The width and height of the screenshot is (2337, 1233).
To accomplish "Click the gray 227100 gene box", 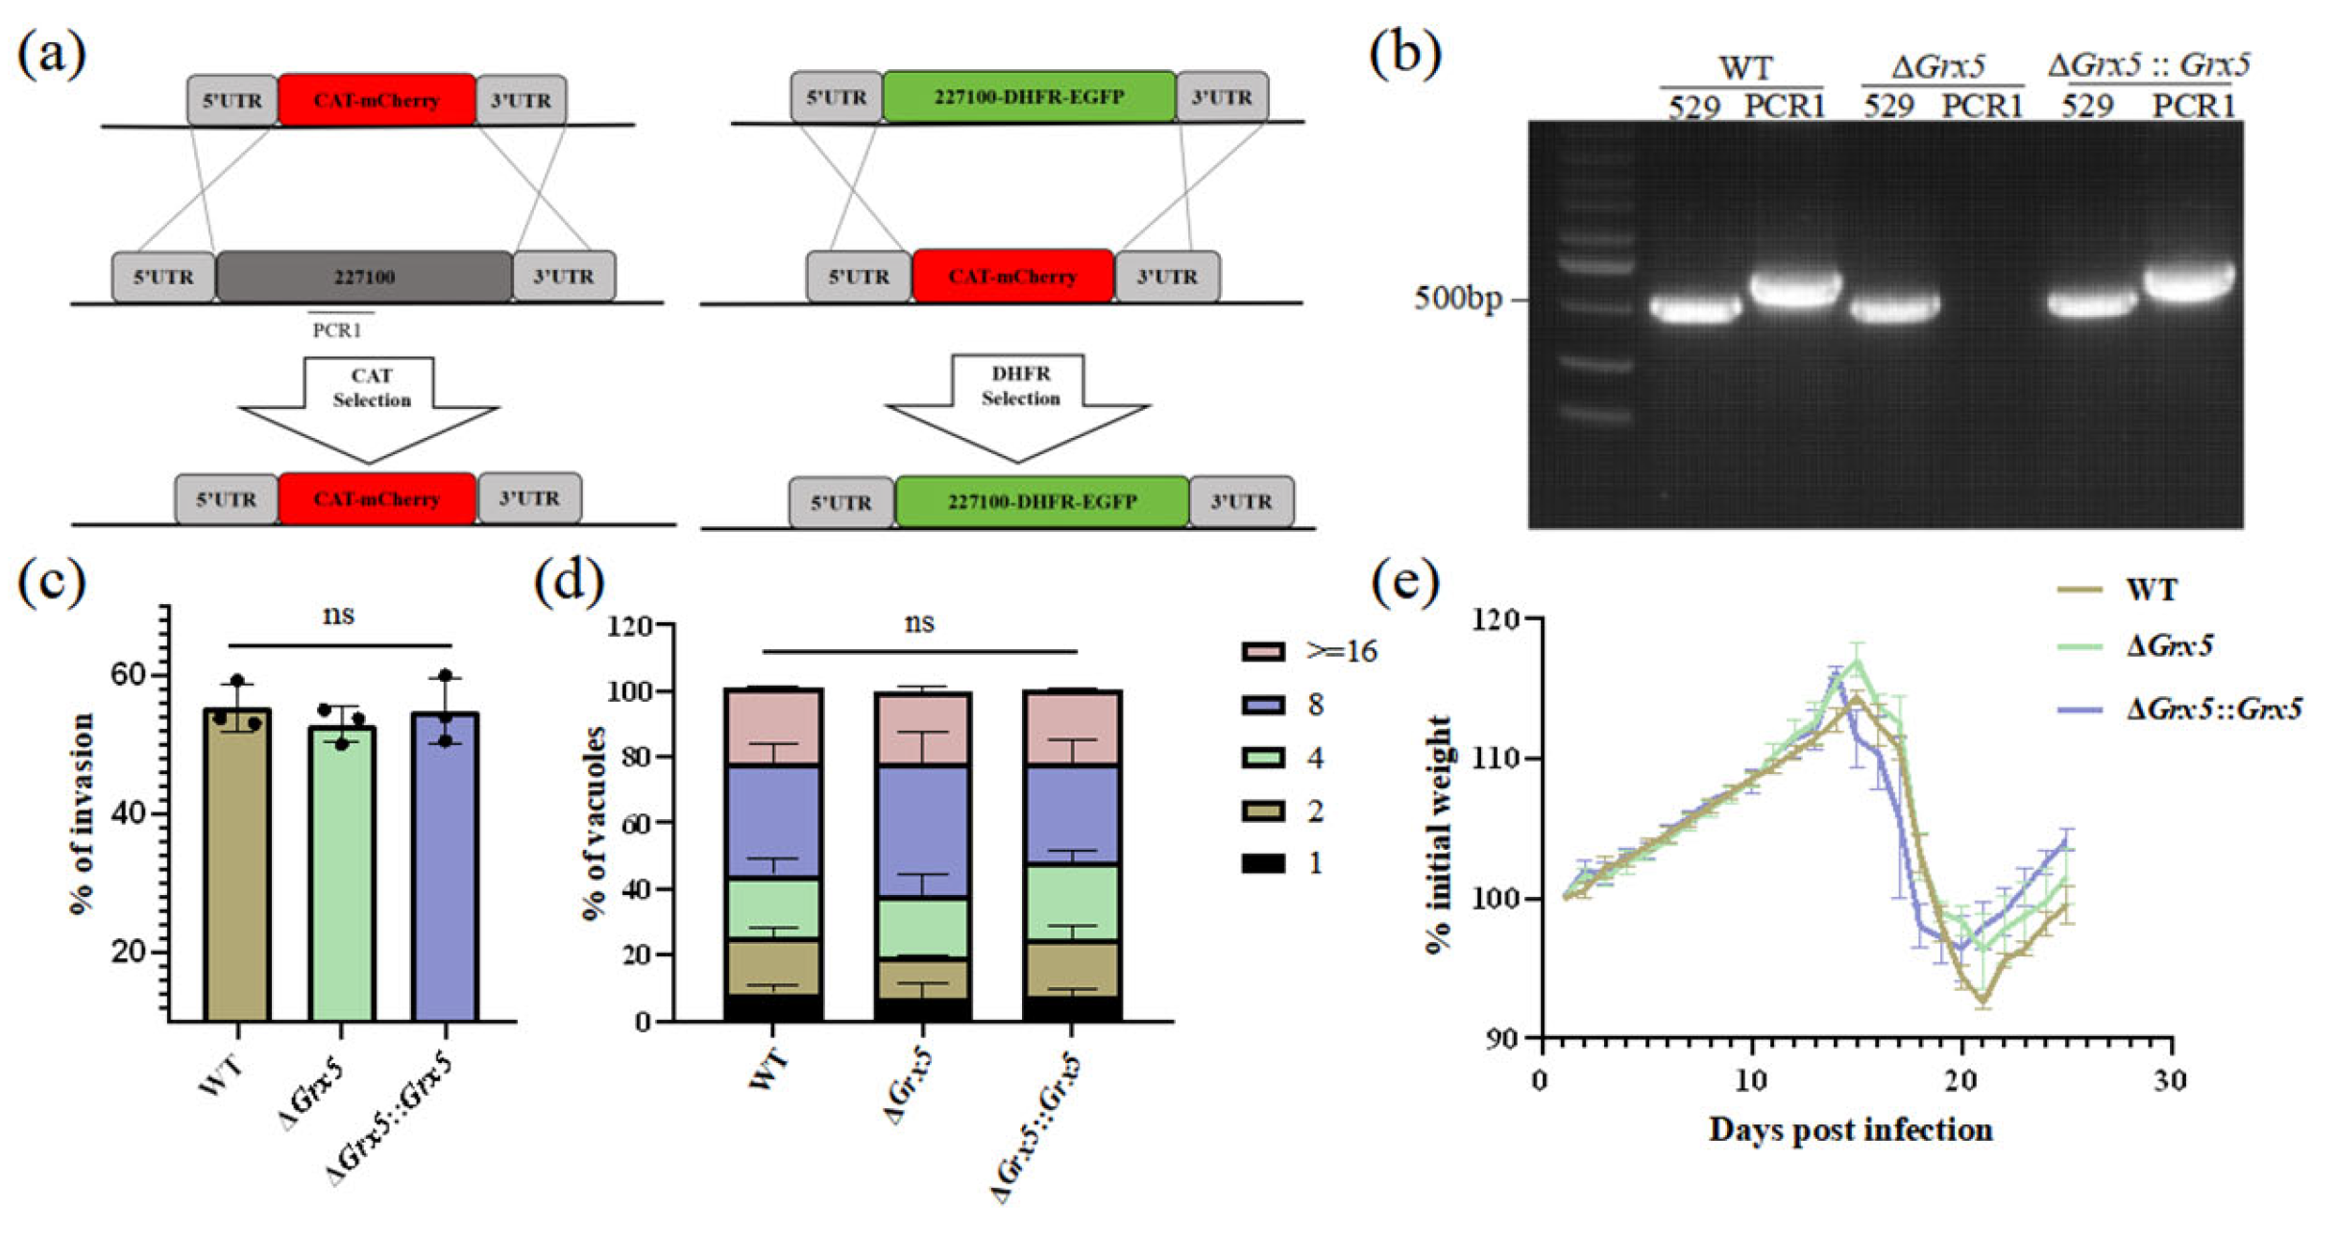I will (364, 277).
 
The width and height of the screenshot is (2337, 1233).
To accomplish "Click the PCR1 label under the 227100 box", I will (337, 330).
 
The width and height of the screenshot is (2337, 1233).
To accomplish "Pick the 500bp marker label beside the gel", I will (1457, 300).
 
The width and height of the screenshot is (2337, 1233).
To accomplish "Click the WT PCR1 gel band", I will (1795, 289).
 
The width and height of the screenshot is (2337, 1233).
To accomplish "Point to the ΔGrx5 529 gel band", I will (1894, 308).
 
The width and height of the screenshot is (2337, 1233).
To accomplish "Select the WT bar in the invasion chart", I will (237, 864).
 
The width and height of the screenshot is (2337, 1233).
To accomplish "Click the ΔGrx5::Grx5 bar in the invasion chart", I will (445, 864).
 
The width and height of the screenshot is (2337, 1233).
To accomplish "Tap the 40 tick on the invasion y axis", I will (130, 813).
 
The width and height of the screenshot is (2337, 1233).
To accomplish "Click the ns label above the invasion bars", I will (338, 615).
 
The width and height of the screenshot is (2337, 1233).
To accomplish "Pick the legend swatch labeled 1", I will (1263, 863).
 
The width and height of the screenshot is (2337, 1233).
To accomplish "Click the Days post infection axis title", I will (1850, 1130).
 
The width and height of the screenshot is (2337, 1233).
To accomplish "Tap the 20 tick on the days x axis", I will (1960, 1080).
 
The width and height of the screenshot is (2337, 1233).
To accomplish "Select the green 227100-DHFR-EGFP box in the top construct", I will (1029, 97).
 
